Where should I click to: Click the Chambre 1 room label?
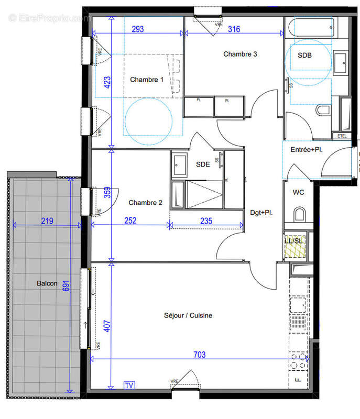point(147,80)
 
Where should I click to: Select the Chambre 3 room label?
point(240,54)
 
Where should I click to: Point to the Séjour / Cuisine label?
point(188,315)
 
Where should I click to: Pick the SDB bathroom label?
point(304,55)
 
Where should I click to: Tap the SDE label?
point(203,164)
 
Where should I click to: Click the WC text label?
point(299,192)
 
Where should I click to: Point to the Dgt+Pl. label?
point(262,213)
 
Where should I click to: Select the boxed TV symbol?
point(129,385)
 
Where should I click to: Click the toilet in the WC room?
point(300,214)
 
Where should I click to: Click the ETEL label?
point(342,136)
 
